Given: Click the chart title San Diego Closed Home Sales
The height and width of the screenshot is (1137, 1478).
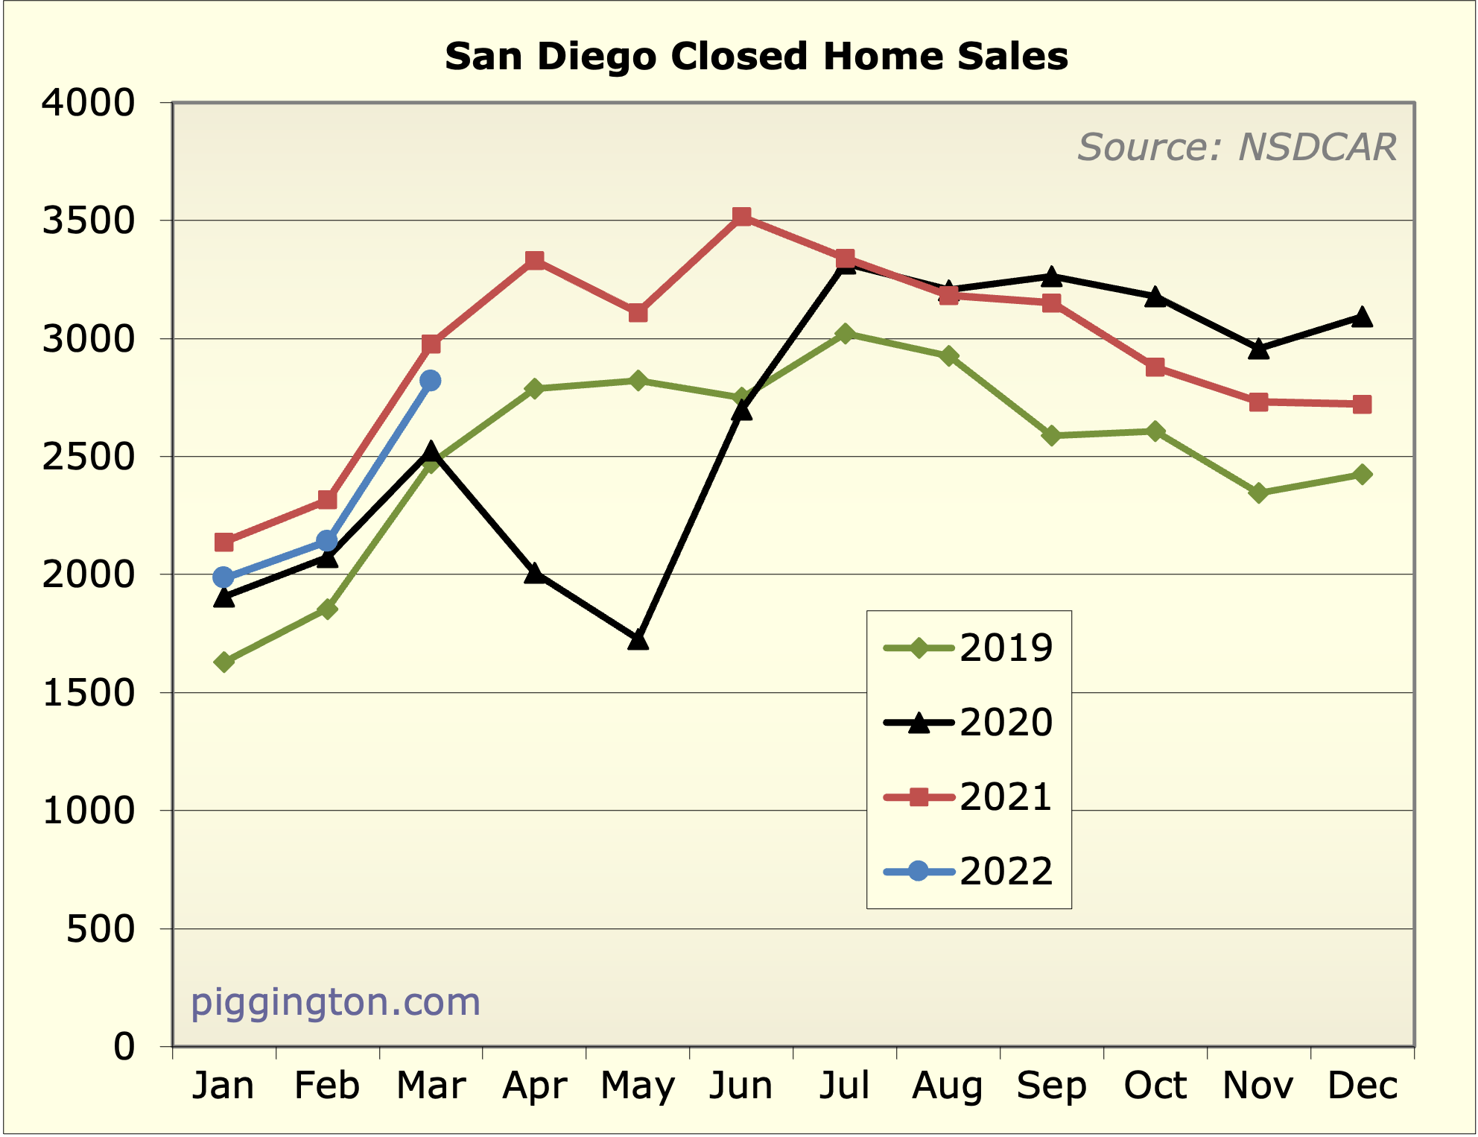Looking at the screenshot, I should [x=756, y=57].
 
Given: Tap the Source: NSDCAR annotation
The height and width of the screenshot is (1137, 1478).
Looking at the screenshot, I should [x=1237, y=147].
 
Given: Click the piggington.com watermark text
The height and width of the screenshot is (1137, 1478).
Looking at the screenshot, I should [x=335, y=1002].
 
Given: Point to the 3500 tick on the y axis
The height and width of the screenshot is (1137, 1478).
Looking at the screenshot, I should [x=88, y=221].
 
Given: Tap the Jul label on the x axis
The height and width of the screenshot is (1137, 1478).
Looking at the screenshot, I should [x=845, y=1086].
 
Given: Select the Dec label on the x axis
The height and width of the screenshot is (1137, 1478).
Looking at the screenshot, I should [x=1363, y=1086].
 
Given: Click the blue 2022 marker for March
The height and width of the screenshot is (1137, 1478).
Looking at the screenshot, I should [x=431, y=381].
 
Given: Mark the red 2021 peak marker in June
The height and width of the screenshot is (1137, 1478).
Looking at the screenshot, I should [x=741, y=217].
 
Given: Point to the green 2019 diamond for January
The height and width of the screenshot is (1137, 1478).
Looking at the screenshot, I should [x=223, y=662].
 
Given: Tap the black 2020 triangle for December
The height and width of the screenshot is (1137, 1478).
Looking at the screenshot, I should [x=1363, y=317].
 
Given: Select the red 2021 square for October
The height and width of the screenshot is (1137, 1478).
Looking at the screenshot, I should [x=1155, y=367].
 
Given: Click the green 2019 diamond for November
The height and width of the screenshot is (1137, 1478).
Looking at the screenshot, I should [x=1259, y=493].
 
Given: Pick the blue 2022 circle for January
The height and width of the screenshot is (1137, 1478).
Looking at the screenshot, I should [x=223, y=577].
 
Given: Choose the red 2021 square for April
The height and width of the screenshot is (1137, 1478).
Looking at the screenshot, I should [x=534, y=260].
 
